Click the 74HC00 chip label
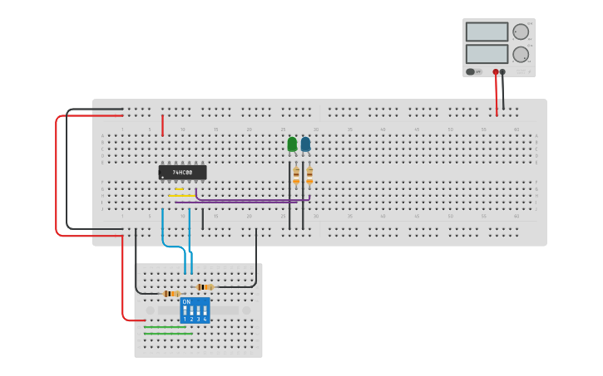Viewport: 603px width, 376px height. tap(182, 173)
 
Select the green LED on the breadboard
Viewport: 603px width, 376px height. tap(292, 144)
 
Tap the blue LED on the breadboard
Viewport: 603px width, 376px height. tap(305, 144)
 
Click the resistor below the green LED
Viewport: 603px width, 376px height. tap(295, 174)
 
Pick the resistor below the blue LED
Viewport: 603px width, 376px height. tap(309, 174)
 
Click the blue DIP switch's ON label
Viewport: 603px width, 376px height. tap(186, 302)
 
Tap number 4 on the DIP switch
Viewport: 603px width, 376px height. tap(205, 319)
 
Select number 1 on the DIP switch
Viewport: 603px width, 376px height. tap(185, 319)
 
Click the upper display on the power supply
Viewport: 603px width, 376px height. tap(487, 32)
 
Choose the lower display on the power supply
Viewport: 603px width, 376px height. tap(487, 54)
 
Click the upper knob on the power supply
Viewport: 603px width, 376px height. tap(521, 32)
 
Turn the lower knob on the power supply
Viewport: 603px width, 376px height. tap(521, 55)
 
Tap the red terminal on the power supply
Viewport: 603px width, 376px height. tap(496, 72)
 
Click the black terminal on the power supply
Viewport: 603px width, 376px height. tap(502, 72)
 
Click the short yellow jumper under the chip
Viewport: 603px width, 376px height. tap(179, 189)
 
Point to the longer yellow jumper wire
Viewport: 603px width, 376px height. tap(181, 196)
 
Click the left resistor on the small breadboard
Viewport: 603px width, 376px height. tap(171, 293)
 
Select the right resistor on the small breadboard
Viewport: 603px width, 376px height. tap(204, 287)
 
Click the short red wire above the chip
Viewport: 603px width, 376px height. tap(162, 125)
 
